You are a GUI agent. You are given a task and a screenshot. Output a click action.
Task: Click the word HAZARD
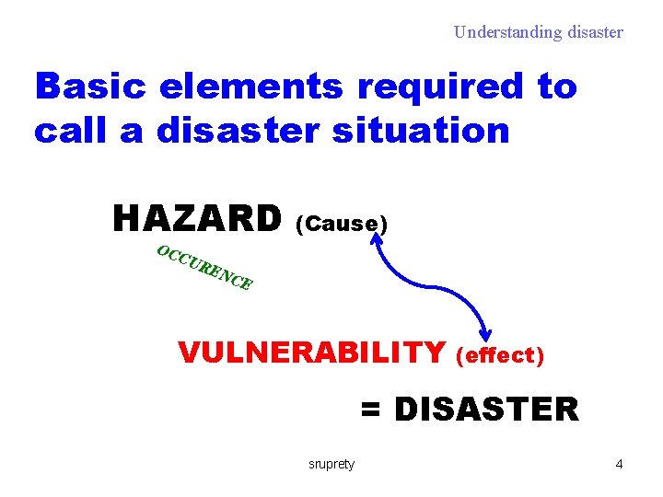196,219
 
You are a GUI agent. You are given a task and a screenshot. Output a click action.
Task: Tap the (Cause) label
342,224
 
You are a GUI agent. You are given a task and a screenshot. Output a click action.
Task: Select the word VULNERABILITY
311,353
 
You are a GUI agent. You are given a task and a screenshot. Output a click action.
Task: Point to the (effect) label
501,354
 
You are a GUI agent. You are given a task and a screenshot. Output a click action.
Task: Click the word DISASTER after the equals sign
486,409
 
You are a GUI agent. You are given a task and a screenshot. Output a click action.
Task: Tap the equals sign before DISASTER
370,410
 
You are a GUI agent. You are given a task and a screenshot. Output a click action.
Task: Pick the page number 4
619,464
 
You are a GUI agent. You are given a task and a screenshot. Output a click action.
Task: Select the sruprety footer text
331,464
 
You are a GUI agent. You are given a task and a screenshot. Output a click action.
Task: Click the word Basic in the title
91,87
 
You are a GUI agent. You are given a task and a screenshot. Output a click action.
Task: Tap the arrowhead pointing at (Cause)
377,238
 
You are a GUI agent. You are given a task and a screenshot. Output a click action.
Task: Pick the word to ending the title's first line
556,87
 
